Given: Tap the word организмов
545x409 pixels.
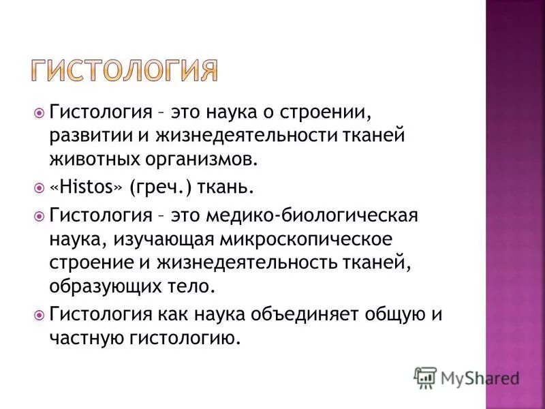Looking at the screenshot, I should tap(200, 160).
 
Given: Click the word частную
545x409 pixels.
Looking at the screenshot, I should tap(80, 339).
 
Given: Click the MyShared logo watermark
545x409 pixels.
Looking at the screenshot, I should tap(467, 377).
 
